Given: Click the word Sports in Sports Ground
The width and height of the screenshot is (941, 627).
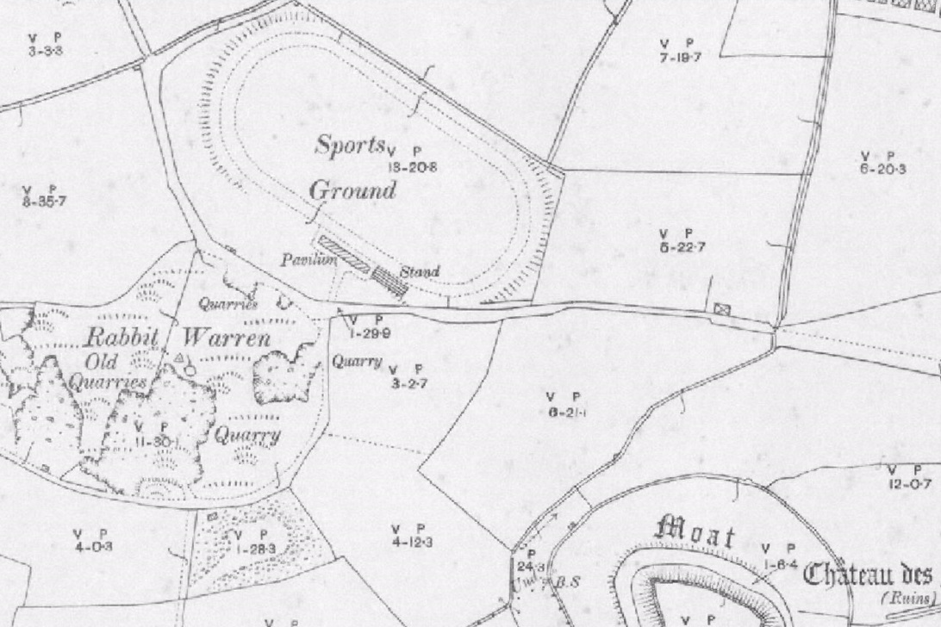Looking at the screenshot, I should tap(350, 146).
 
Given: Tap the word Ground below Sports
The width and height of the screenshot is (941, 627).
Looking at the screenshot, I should tap(352, 189).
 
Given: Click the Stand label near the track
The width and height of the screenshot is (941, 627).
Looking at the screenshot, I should tap(421, 272).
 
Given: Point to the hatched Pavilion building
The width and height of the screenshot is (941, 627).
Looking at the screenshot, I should tap(344, 256).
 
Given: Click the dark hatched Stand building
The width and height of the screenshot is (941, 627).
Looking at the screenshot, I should tap(390, 281).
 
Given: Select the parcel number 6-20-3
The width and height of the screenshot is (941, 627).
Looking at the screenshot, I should tap(882, 169).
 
